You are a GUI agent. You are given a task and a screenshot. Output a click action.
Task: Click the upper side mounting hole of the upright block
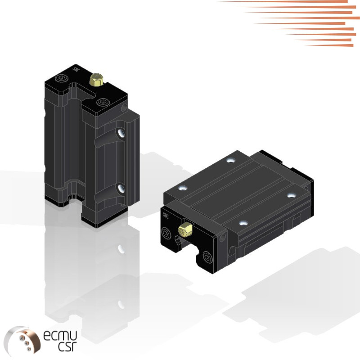pos(121,133)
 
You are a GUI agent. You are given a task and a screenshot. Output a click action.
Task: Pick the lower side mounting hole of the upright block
pos(121,189)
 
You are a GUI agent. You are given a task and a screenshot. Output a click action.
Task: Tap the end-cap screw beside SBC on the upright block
pos(62,79)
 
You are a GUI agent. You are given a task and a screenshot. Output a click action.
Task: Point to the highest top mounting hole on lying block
pos(231,160)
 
